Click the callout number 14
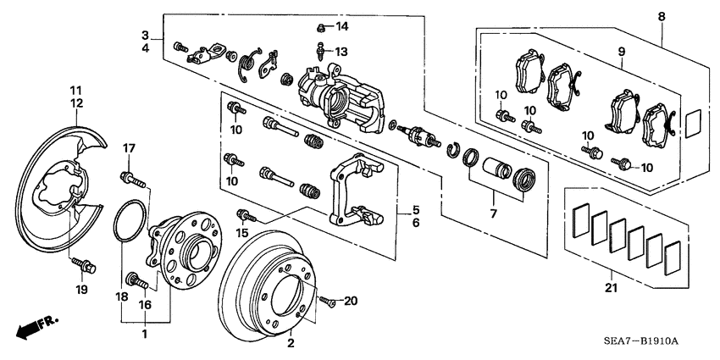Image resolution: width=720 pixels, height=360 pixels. point(342,27)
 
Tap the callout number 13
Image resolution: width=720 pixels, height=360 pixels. point(341,52)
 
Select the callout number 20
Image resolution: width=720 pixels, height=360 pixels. point(352,301)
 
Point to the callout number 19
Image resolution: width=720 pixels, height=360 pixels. point(82,290)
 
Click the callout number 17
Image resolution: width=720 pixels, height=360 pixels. point(129,149)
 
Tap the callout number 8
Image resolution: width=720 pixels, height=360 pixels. point(662,15)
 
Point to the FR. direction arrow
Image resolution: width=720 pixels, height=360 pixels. point(34,327)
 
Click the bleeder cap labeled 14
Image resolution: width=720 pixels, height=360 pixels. point(322,26)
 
